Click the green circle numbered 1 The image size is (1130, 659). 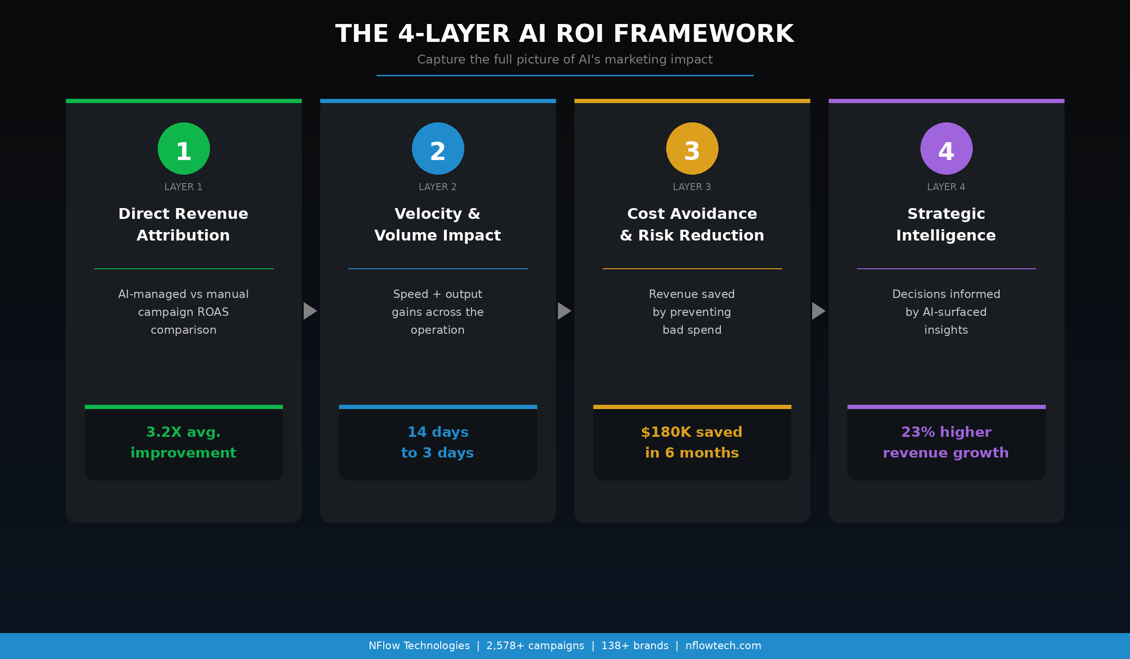184,149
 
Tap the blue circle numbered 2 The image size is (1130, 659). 438,149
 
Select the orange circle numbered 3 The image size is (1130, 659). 692,149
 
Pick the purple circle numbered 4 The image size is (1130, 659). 946,149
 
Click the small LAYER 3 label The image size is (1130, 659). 692,187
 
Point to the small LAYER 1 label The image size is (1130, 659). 184,187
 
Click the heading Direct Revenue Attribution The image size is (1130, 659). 184,225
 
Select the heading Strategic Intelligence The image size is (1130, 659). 946,225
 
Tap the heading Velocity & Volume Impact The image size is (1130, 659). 438,225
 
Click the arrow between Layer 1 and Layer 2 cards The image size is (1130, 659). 310,311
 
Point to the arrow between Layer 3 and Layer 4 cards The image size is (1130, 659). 819,311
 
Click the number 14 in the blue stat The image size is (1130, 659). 417,432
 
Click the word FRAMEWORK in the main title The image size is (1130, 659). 704,34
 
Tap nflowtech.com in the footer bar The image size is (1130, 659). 723,646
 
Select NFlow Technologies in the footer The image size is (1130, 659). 419,646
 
